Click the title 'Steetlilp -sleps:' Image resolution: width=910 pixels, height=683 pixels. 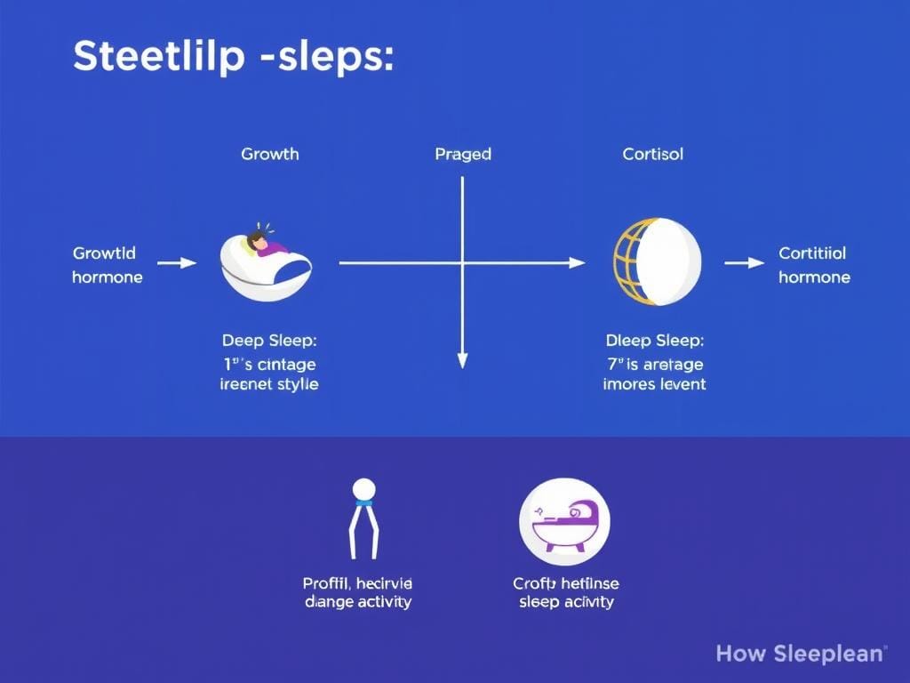(x=233, y=57)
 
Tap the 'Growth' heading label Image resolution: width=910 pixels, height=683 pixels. (x=270, y=154)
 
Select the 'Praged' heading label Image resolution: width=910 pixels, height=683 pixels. (x=463, y=154)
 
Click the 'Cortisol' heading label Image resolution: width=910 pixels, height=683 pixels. (x=653, y=154)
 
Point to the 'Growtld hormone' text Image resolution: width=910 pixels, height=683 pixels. (x=108, y=265)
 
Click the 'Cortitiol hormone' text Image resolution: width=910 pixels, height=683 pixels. (x=814, y=265)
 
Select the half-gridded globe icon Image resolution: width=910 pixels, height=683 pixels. (x=657, y=262)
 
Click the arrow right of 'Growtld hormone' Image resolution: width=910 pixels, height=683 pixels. (x=177, y=262)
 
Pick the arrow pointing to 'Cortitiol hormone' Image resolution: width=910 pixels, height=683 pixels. (x=745, y=262)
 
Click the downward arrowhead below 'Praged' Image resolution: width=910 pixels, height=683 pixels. (x=462, y=359)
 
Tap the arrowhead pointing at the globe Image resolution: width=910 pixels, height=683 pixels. (x=578, y=262)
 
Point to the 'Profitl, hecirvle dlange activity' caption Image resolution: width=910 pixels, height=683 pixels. (x=357, y=592)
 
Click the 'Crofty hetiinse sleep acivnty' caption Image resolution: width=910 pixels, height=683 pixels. (x=565, y=592)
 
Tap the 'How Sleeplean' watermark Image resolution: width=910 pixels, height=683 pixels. (x=801, y=654)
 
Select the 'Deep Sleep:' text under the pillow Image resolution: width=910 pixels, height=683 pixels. (x=269, y=341)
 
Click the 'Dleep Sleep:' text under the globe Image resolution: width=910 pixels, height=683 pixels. (x=654, y=341)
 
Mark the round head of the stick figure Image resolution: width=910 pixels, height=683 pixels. (x=363, y=488)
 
